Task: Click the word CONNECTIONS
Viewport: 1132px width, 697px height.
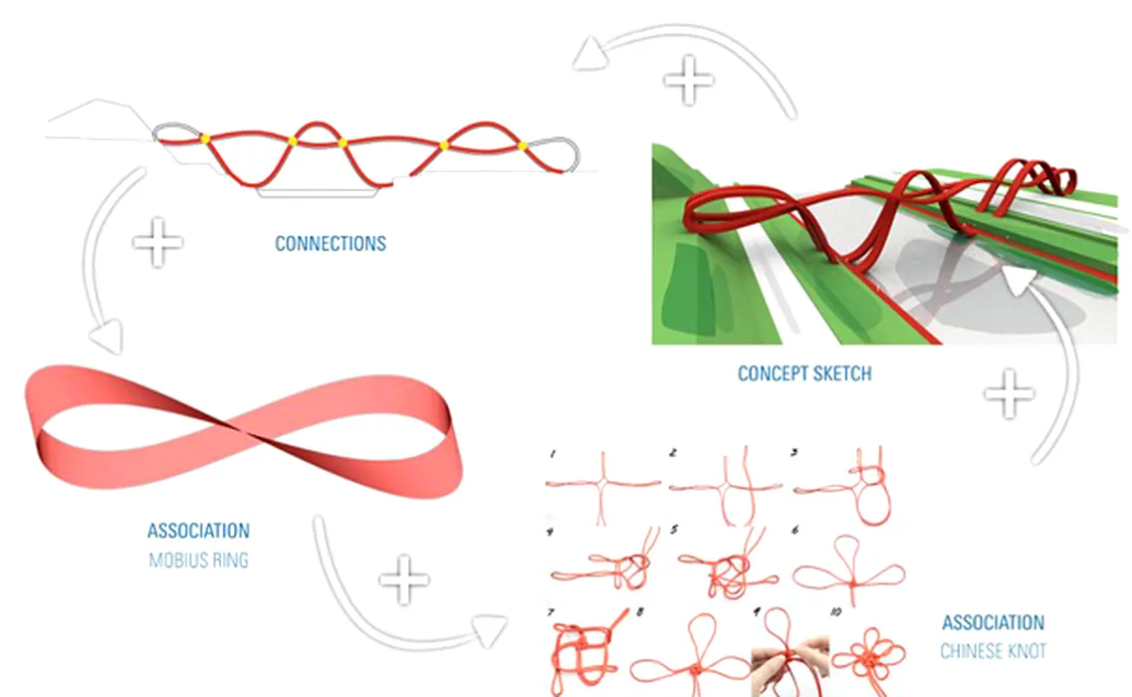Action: [x=331, y=243]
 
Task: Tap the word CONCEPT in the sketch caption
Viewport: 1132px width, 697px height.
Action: [x=770, y=373]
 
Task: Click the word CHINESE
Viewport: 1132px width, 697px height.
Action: [x=972, y=651]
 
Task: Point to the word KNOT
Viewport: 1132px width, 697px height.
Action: [x=1028, y=651]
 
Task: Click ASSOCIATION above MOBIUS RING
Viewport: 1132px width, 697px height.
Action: [x=198, y=531]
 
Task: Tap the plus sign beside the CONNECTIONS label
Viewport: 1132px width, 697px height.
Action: [x=157, y=242]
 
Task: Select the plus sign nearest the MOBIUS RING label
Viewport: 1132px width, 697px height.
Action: [x=404, y=580]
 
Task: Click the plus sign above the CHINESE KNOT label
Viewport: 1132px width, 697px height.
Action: [x=1009, y=393]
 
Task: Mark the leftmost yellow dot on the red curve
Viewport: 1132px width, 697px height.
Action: [x=205, y=138]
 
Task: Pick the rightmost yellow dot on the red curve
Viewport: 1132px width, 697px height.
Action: [x=523, y=146]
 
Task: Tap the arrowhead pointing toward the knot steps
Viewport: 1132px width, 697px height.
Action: [x=490, y=630]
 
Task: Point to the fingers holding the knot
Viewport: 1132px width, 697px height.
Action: [x=790, y=664]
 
